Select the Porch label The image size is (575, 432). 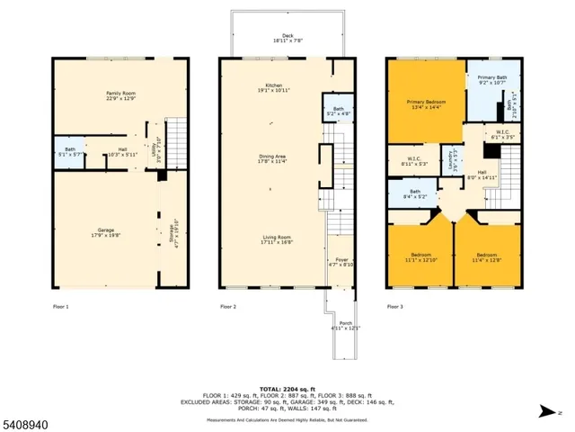(344, 325)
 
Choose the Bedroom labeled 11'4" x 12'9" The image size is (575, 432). (488, 256)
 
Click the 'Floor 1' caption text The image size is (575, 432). (62, 307)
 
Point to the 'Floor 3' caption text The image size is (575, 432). (396, 307)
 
